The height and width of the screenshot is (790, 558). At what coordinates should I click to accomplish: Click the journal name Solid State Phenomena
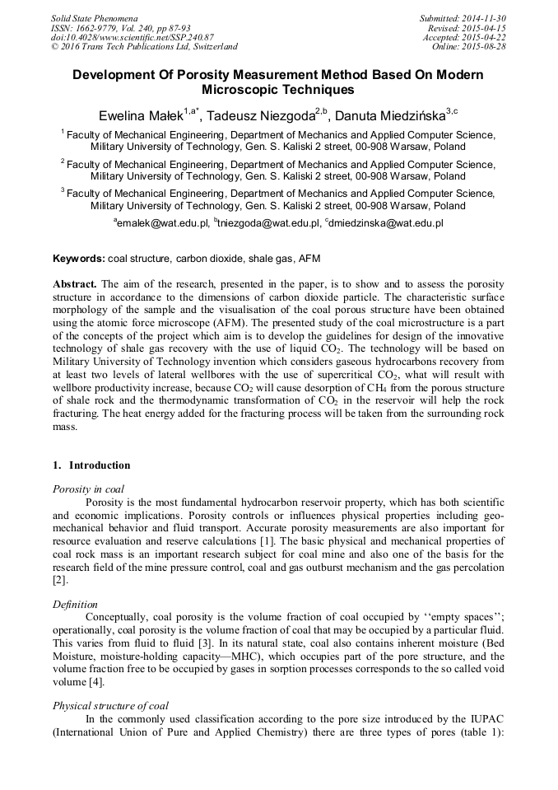pyautogui.click(x=94, y=17)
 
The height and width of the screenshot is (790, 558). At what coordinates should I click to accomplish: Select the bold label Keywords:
pyautogui.click(x=79, y=259)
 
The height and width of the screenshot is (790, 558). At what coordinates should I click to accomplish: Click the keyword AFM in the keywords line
pyautogui.click(x=309, y=259)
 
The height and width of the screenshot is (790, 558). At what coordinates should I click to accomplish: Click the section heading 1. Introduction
pyautogui.click(x=91, y=465)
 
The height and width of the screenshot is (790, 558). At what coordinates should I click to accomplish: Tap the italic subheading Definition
pyautogui.click(x=75, y=604)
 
